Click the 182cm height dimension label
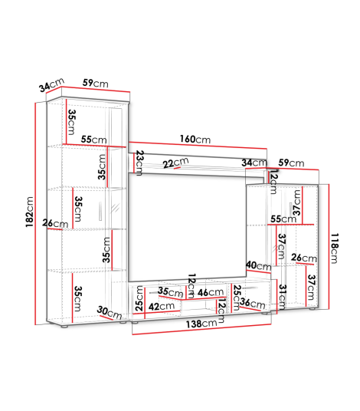coord(30,212)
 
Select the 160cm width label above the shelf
coord(195,140)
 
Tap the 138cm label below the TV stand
coord(201,324)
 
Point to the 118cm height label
coord(335,248)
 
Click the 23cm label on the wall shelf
coord(139,163)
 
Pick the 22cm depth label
coord(175,163)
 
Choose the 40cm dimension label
coord(259,266)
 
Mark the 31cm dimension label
coord(282,297)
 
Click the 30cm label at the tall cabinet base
coord(110,312)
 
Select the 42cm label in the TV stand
coord(162,306)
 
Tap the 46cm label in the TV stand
coord(211,292)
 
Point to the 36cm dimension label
coord(253,304)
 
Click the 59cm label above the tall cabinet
coord(95,83)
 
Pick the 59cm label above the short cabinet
coord(291,163)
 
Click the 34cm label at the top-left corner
coord(51,84)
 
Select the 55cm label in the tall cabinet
coord(93,140)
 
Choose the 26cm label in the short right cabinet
coord(304,258)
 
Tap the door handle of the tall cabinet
coord(100,212)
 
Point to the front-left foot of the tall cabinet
coord(64,327)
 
